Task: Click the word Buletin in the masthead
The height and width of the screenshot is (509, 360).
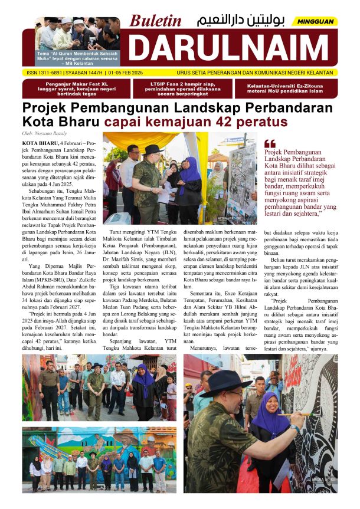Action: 156,21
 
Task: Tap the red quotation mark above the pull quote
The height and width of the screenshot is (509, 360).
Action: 270,143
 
